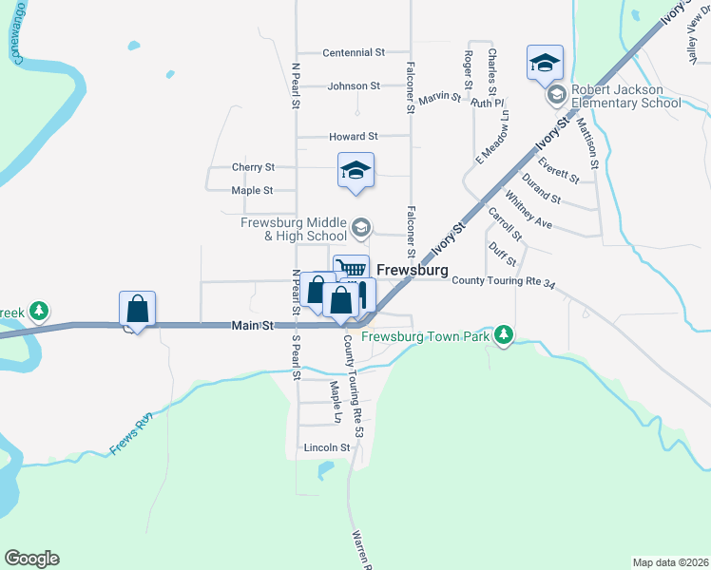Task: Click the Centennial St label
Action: click(x=354, y=52)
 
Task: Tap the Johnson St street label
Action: click(x=354, y=85)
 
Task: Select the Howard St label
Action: click(x=354, y=137)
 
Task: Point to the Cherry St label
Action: click(x=253, y=167)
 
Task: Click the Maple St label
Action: click(x=253, y=190)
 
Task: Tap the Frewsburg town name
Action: click(x=412, y=270)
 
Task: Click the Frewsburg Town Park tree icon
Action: click(x=505, y=335)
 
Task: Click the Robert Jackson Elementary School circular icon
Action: click(x=556, y=94)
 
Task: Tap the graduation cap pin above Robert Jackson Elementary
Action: click(x=545, y=64)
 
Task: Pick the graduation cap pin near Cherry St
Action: click(x=356, y=171)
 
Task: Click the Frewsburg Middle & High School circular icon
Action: click(x=360, y=227)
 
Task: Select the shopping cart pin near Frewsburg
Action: click(x=350, y=269)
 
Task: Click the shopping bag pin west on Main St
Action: click(x=138, y=309)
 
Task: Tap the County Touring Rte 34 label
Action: click(x=503, y=281)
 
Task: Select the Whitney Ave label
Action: click(x=528, y=210)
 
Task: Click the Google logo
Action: click(x=31, y=559)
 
